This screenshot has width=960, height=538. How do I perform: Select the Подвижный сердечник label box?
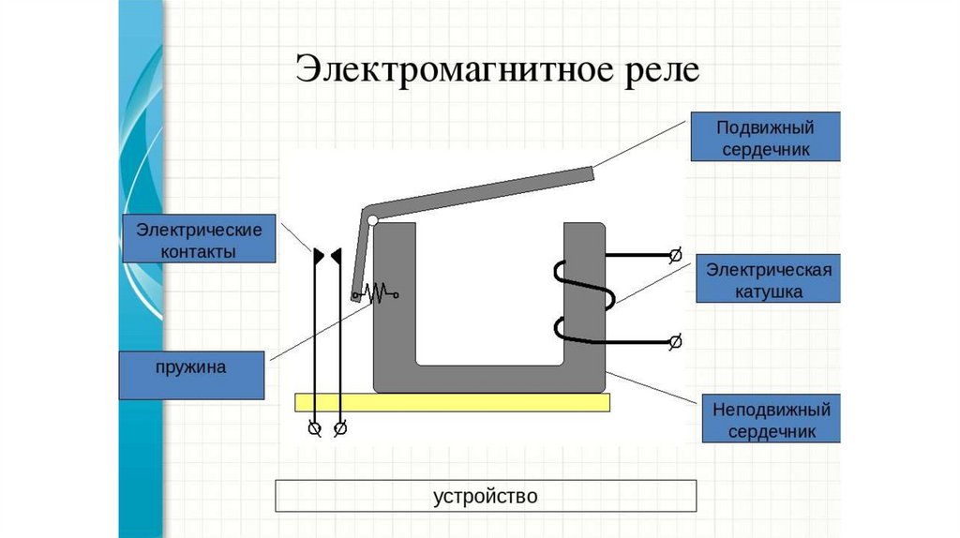coord(765,138)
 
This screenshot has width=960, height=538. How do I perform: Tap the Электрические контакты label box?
coord(198,239)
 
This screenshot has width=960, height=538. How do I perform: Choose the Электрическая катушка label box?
coord(768,280)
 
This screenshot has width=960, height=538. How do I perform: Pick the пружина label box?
coord(192,366)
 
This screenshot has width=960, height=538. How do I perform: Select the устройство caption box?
coord(486,496)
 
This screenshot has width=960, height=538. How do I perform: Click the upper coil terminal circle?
coord(674,255)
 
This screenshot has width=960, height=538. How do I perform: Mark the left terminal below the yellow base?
coord(316,428)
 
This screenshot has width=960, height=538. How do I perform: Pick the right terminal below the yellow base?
coord(340,428)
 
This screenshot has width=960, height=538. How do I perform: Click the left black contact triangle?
coord(319,253)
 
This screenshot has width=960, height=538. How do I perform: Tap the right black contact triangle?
coord(337,253)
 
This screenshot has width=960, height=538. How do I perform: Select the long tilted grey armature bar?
coord(478,191)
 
